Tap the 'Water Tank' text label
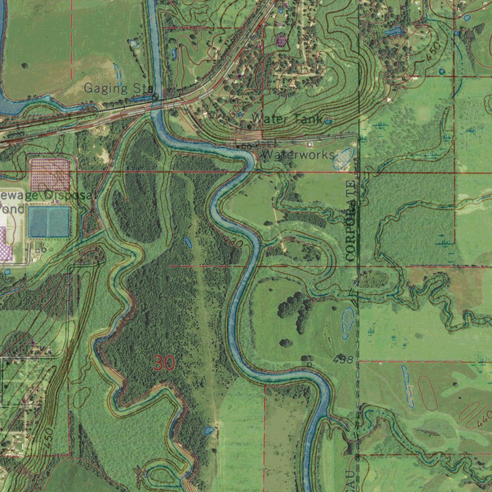(x=286, y=119)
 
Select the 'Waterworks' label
(x=298, y=155)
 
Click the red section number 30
(x=164, y=363)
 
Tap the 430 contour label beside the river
(x=234, y=244)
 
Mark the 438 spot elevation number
(x=343, y=359)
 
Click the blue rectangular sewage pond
(x=49, y=221)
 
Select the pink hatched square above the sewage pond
(x=50, y=174)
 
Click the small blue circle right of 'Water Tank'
(x=328, y=122)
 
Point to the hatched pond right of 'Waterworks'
(x=344, y=159)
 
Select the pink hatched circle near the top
(x=281, y=41)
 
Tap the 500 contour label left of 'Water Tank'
(x=234, y=113)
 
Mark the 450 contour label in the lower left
(x=47, y=438)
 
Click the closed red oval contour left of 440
(x=428, y=393)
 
